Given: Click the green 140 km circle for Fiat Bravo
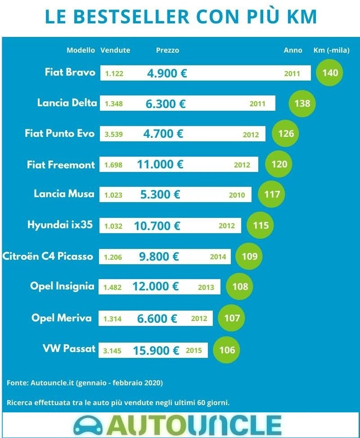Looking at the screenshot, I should click(x=330, y=72).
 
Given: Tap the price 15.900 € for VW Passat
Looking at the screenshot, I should click(x=156, y=350).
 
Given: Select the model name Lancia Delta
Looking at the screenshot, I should click(x=67, y=103).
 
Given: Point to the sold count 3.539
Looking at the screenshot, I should click(x=113, y=134).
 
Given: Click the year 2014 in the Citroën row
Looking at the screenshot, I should click(x=218, y=257).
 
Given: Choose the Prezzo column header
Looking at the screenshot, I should click(x=167, y=50).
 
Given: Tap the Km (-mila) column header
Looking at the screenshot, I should click(x=331, y=50).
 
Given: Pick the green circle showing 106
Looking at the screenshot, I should click(x=227, y=350).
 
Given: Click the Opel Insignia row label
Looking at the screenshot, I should click(x=62, y=286).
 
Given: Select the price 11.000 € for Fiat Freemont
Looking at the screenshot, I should click(x=160, y=164).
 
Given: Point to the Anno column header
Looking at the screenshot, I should click(x=293, y=50).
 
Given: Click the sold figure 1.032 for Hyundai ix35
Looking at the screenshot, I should click(x=113, y=226).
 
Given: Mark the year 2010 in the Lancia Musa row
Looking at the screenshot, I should click(x=237, y=195).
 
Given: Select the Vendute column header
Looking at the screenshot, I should click(x=115, y=50).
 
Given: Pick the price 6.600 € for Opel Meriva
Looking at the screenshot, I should click(x=157, y=319).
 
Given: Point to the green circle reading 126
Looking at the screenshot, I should click(x=286, y=134).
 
